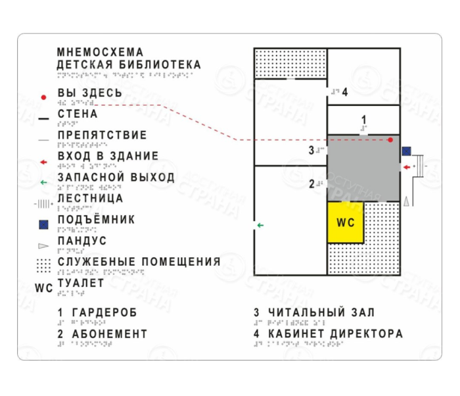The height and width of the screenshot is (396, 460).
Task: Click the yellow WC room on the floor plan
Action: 346,223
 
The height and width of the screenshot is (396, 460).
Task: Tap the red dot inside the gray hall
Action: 390,140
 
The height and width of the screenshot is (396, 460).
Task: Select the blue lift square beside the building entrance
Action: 407,151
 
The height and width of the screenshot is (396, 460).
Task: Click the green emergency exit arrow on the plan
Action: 260,226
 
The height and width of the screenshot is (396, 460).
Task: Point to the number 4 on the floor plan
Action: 344,91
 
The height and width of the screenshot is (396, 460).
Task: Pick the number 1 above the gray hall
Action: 364,120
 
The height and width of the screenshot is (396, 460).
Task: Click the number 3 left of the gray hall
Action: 311,150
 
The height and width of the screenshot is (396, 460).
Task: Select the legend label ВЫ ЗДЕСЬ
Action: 89,93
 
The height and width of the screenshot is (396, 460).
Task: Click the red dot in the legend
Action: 43,97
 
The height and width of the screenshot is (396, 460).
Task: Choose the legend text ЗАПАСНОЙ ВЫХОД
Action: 116,178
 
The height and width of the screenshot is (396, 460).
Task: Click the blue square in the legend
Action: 43,225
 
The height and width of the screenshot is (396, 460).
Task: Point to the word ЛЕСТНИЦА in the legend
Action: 90,198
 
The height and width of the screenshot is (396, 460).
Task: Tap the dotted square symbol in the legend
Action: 43,265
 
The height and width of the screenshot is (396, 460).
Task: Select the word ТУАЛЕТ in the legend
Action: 81,283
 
